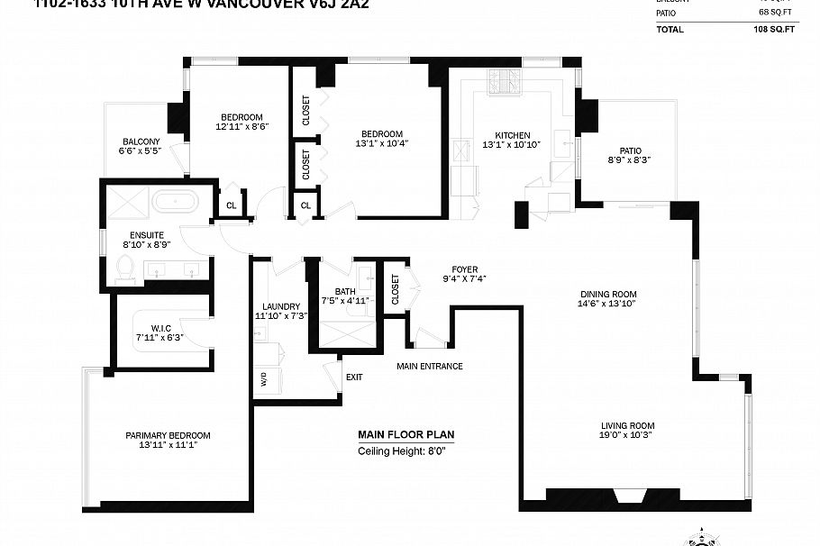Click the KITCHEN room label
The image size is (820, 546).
tap(511, 135)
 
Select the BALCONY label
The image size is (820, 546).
tap(141, 141)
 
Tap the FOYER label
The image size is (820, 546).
tap(465, 269)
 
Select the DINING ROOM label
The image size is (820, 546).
tap(608, 294)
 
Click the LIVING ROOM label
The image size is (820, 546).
tap(628, 426)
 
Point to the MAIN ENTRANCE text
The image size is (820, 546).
tap(430, 367)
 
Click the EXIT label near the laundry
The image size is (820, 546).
tap(354, 377)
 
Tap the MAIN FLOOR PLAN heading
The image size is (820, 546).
tap(405, 434)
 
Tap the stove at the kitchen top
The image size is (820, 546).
tap(505, 82)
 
